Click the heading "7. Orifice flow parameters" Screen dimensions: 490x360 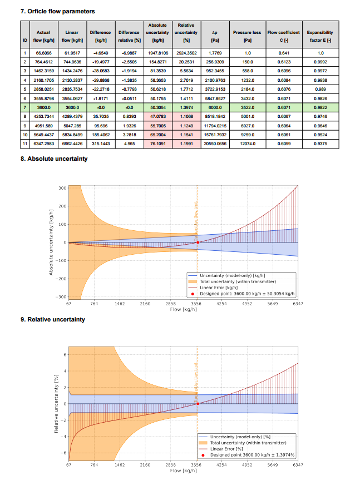pyautogui.click(x=57, y=11)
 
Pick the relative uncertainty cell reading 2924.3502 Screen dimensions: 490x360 pyautogui.click(x=186, y=53)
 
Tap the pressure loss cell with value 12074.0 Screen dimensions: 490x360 pyautogui.click(x=247, y=143)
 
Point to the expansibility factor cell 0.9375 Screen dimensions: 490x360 pyautogui.click(x=320, y=143)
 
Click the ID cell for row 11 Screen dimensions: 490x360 pyautogui.click(x=24, y=143)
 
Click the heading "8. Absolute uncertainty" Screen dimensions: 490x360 pyautogui.click(x=54, y=159)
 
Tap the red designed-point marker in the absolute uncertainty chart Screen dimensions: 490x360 pyautogui.click(x=198, y=242)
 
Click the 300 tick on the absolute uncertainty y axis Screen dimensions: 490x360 pyautogui.click(x=62, y=188)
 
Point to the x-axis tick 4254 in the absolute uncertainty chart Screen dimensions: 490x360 pyautogui.click(x=222, y=304)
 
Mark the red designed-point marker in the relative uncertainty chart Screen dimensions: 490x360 pyautogui.click(x=198, y=403)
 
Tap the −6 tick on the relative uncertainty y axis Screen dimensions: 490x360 pyautogui.click(x=63, y=453)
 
